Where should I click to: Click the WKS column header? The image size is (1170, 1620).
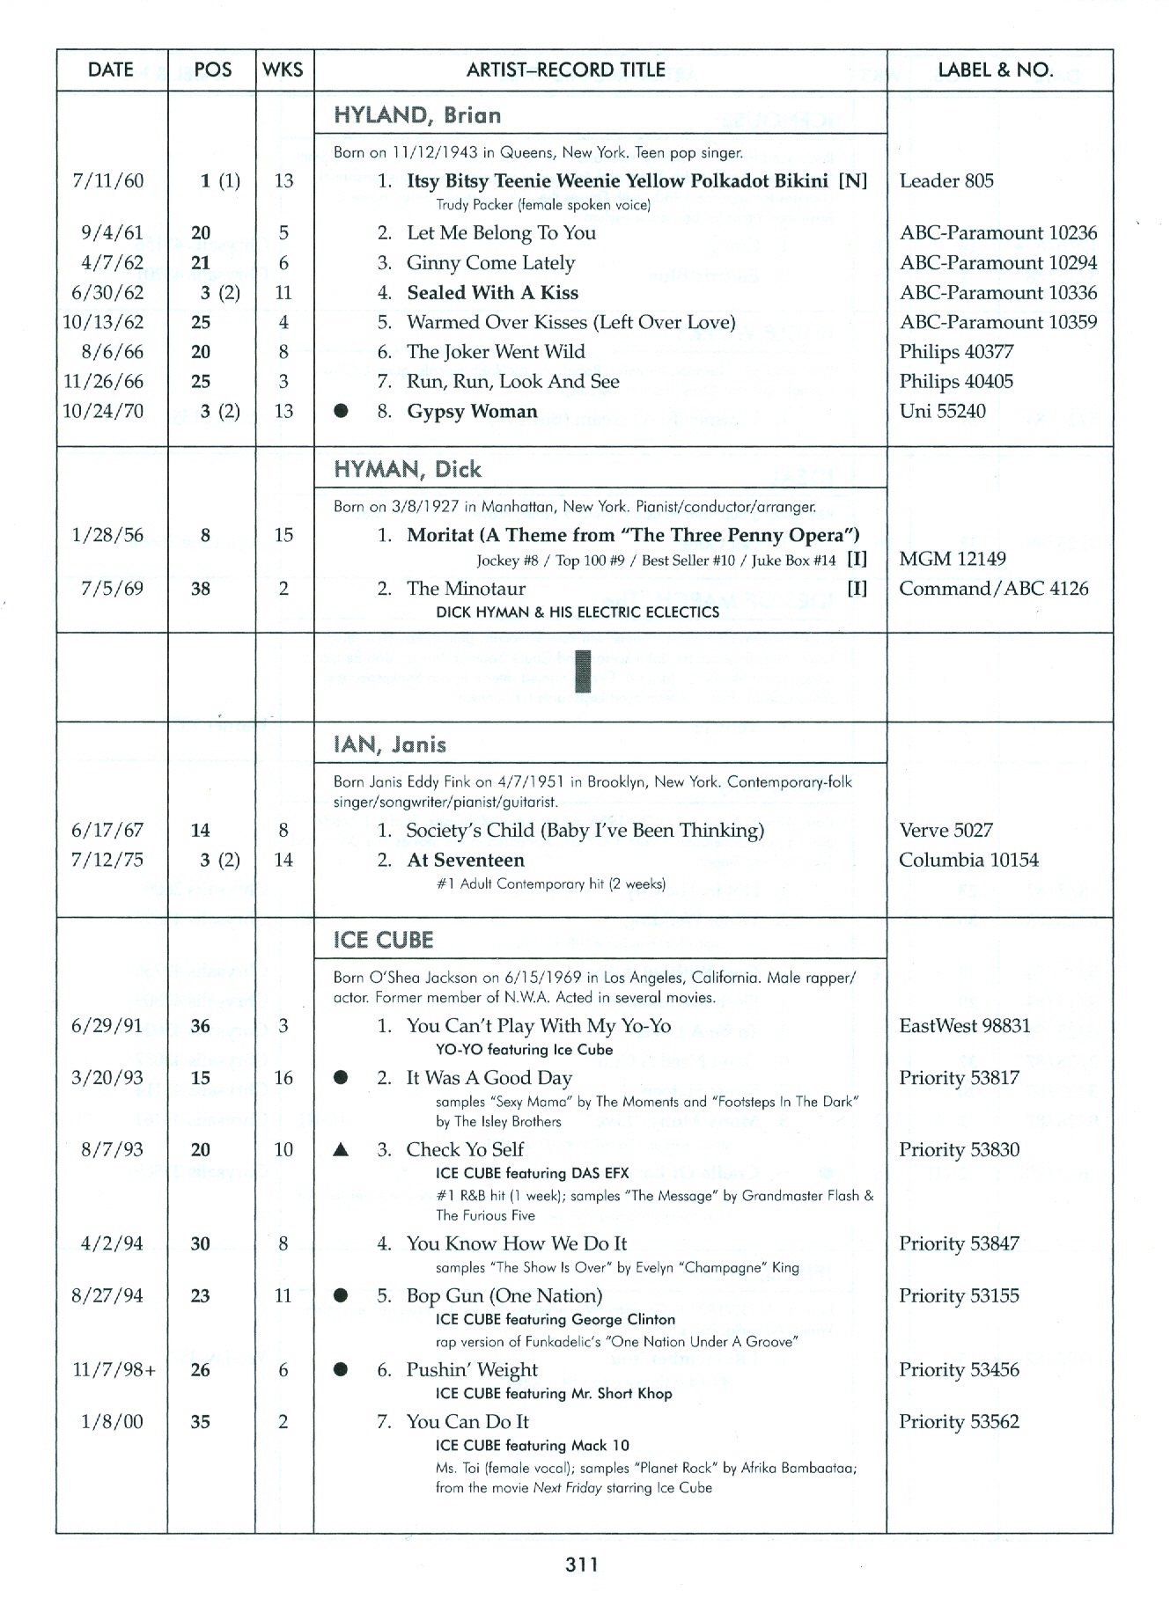283,70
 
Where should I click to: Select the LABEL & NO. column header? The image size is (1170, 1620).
996,70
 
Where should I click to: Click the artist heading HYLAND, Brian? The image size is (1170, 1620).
417,115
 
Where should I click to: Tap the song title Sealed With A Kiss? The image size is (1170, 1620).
492,293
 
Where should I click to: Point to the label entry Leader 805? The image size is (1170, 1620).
946,181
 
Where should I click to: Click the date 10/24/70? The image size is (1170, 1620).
103,411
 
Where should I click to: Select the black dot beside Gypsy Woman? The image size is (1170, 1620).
342,411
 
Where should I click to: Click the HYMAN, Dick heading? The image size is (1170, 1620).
408,469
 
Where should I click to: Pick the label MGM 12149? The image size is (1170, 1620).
952,559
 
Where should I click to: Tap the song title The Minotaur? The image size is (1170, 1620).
466,589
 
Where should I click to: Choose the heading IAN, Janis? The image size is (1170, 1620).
390,745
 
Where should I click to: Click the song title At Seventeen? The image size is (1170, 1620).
465,861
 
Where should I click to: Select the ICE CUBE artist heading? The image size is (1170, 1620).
384,941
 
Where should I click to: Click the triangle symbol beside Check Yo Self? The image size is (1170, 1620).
342,1150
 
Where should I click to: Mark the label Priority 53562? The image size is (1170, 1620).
959,1422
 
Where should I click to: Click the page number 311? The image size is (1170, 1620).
582,1564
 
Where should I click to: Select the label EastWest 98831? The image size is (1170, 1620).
964,1026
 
